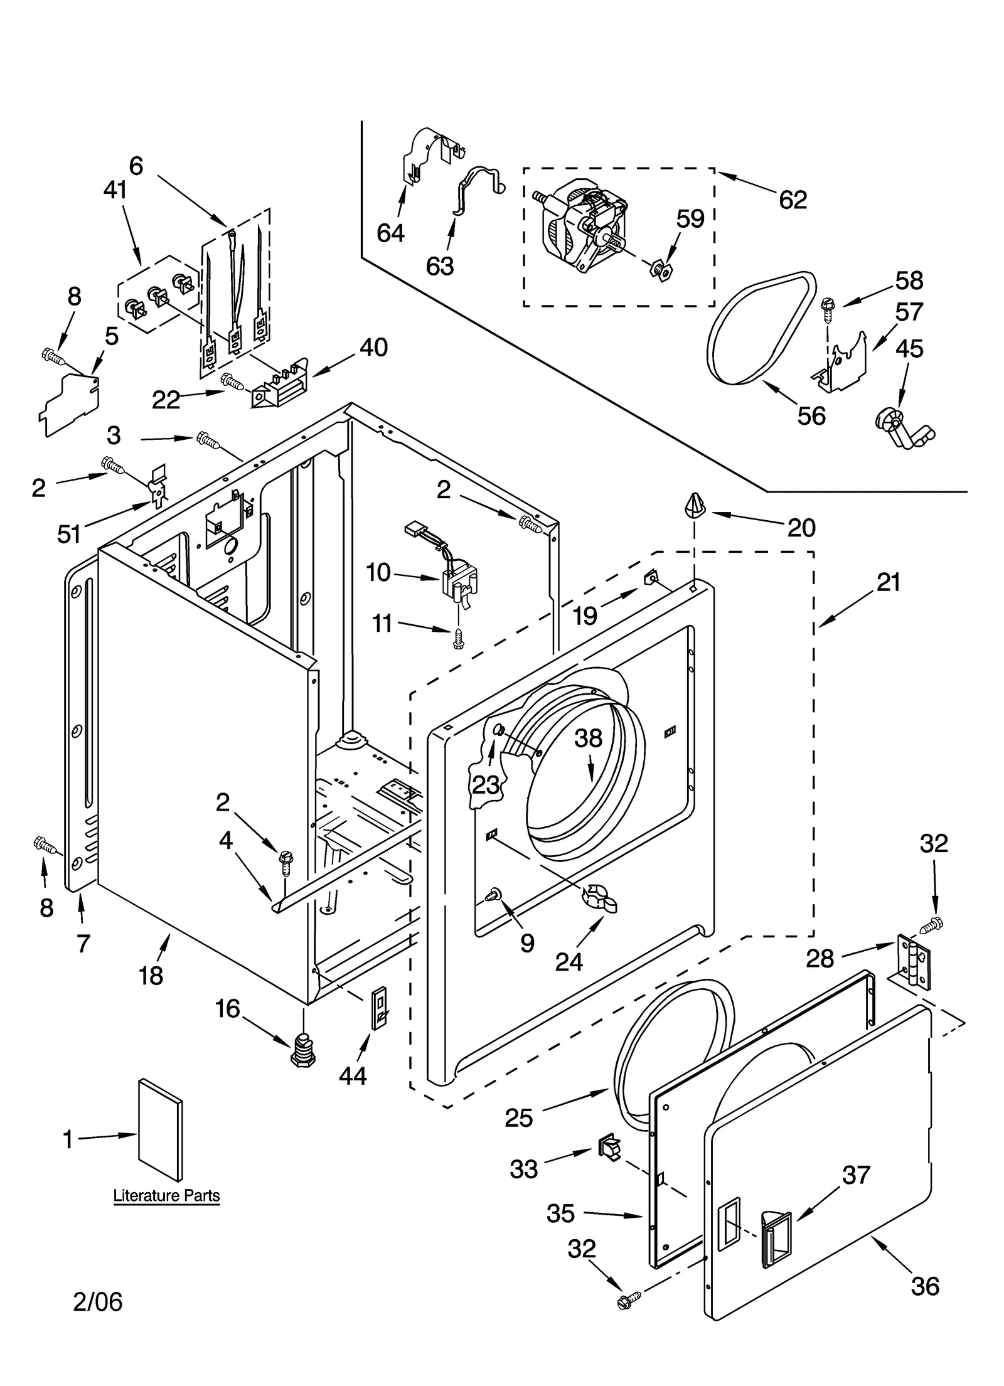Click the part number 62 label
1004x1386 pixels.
tap(792, 200)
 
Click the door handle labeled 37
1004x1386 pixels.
tap(776, 1238)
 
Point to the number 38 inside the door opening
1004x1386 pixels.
tap(588, 738)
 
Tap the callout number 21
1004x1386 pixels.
tap(888, 582)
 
